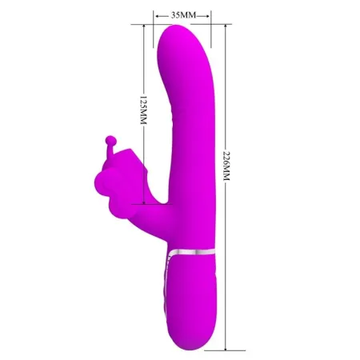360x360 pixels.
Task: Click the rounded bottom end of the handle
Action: click(x=193, y=322)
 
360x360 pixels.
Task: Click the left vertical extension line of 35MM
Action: click(x=154, y=32)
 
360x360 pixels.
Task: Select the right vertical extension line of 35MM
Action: click(x=211, y=32)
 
